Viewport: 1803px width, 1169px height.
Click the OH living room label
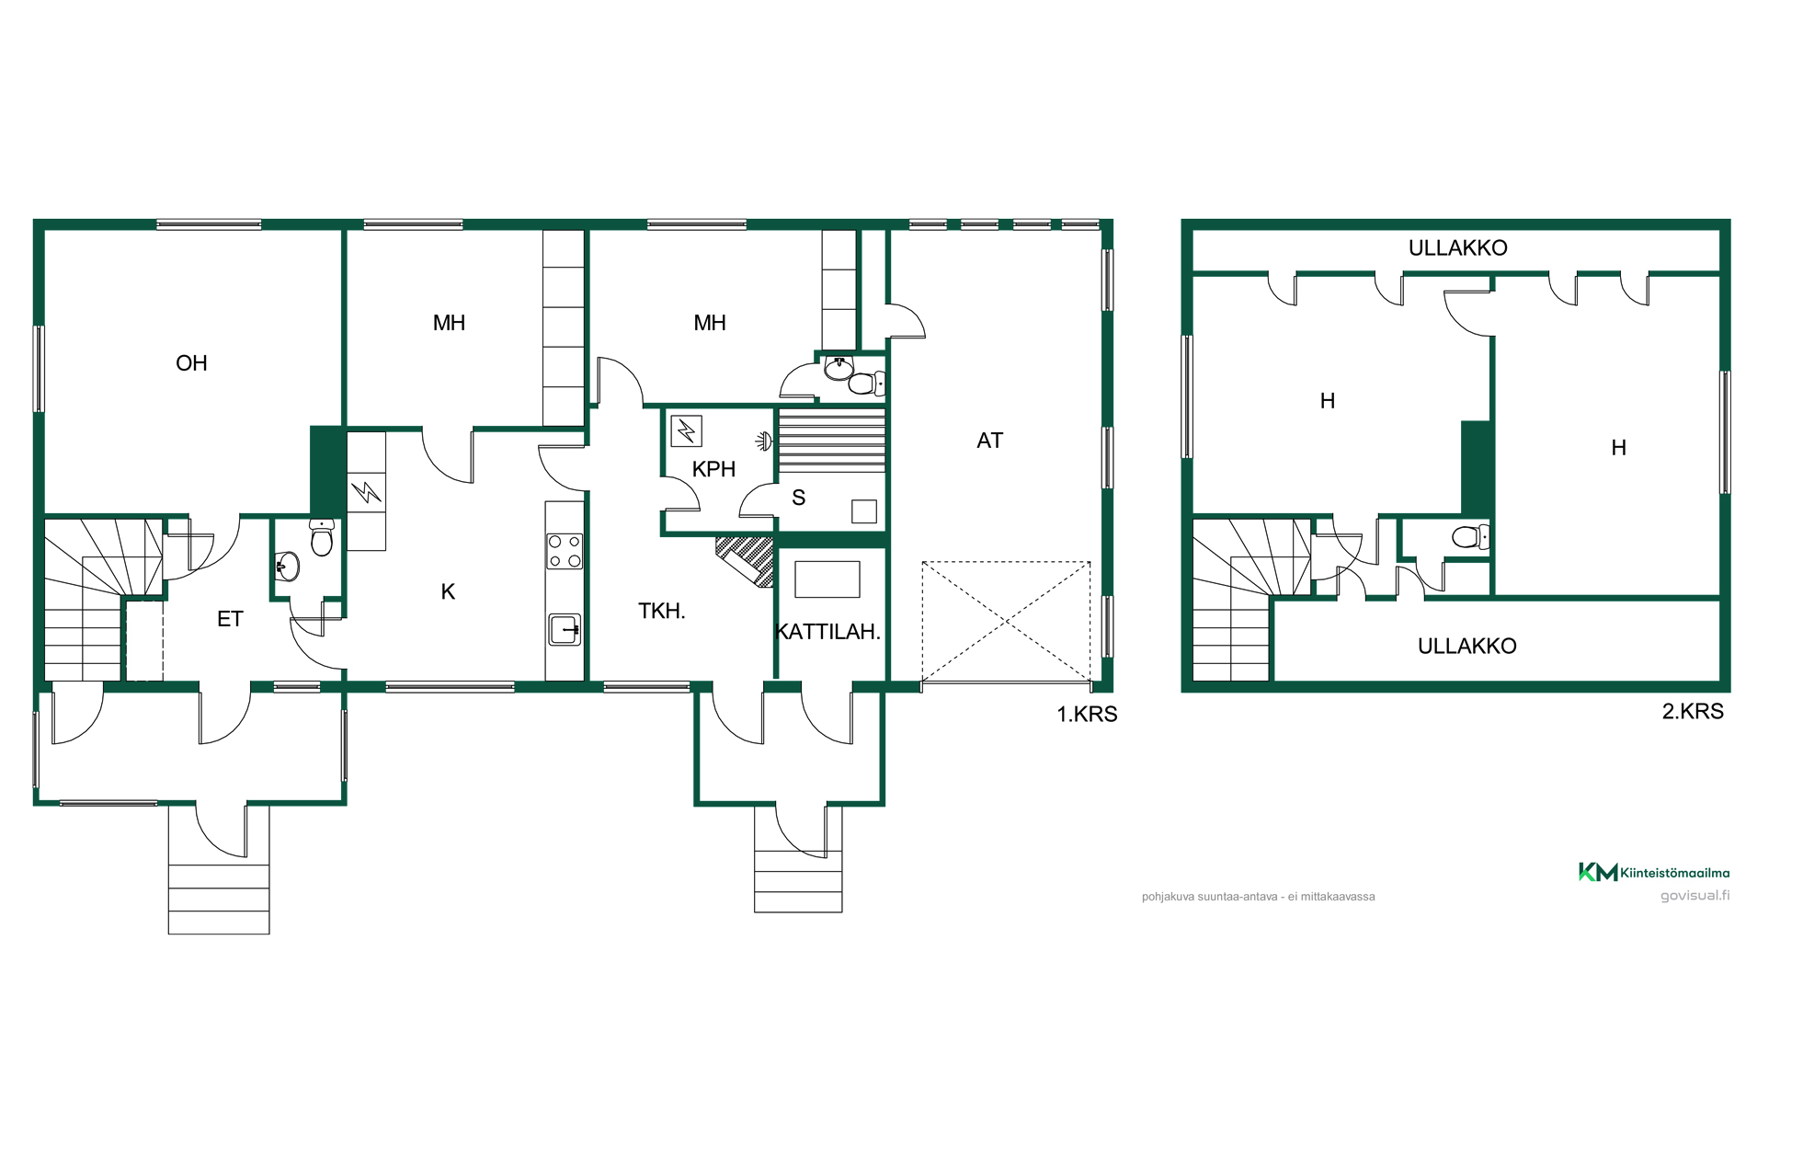pyautogui.click(x=191, y=363)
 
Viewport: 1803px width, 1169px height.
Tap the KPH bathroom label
pyautogui.click(x=713, y=469)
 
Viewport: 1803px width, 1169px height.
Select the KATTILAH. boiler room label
pyautogui.click(x=828, y=632)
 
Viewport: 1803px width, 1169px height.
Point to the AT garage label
pyautogui.click(x=989, y=441)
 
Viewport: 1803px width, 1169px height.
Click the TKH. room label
pyautogui.click(x=662, y=611)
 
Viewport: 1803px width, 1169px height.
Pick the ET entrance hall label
pyautogui.click(x=230, y=619)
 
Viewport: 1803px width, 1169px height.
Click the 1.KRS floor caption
pyautogui.click(x=1087, y=715)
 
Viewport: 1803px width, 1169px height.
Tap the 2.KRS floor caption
pyautogui.click(x=1693, y=711)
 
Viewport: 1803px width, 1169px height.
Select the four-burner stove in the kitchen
pyautogui.click(x=565, y=551)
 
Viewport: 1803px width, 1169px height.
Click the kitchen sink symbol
pyautogui.click(x=565, y=630)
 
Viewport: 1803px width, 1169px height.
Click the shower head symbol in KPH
pyautogui.click(x=764, y=442)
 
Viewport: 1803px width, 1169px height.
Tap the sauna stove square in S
pyautogui.click(x=864, y=511)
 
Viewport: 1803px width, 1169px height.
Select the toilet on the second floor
pyautogui.click(x=1470, y=536)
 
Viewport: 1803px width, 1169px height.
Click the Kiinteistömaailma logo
pyautogui.click(x=1654, y=872)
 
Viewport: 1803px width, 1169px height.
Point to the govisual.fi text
pyautogui.click(x=1695, y=896)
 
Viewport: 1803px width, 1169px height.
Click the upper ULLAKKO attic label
pyautogui.click(x=1457, y=248)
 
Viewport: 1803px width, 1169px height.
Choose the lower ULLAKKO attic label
pyautogui.click(x=1466, y=647)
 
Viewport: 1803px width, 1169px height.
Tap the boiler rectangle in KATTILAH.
pyautogui.click(x=827, y=579)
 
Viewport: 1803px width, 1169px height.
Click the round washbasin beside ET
pyautogui.click(x=288, y=567)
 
